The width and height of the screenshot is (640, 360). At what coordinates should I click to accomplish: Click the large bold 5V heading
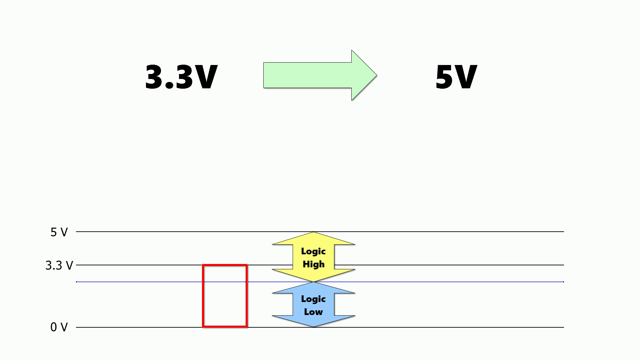456,77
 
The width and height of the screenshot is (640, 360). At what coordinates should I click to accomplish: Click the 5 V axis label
59,232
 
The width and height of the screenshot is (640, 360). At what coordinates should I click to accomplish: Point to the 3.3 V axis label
59,266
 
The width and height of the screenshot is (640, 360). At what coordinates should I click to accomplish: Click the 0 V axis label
59,327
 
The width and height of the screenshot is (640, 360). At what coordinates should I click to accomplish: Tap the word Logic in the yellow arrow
313,251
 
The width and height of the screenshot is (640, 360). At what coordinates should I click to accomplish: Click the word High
313,264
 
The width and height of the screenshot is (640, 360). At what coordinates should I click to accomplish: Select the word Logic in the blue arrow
313,299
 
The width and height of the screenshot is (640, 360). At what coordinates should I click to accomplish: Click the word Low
313,312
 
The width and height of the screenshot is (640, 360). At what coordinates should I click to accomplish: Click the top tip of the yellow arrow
313,233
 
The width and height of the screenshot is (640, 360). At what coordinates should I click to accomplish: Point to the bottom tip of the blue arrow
313,326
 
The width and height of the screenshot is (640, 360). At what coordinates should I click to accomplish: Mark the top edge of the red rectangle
225,265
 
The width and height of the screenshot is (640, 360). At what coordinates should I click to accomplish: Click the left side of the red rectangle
203,296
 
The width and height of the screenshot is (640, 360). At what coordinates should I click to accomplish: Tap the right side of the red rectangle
247,296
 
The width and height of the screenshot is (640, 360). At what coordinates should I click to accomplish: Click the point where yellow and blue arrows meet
313,282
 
